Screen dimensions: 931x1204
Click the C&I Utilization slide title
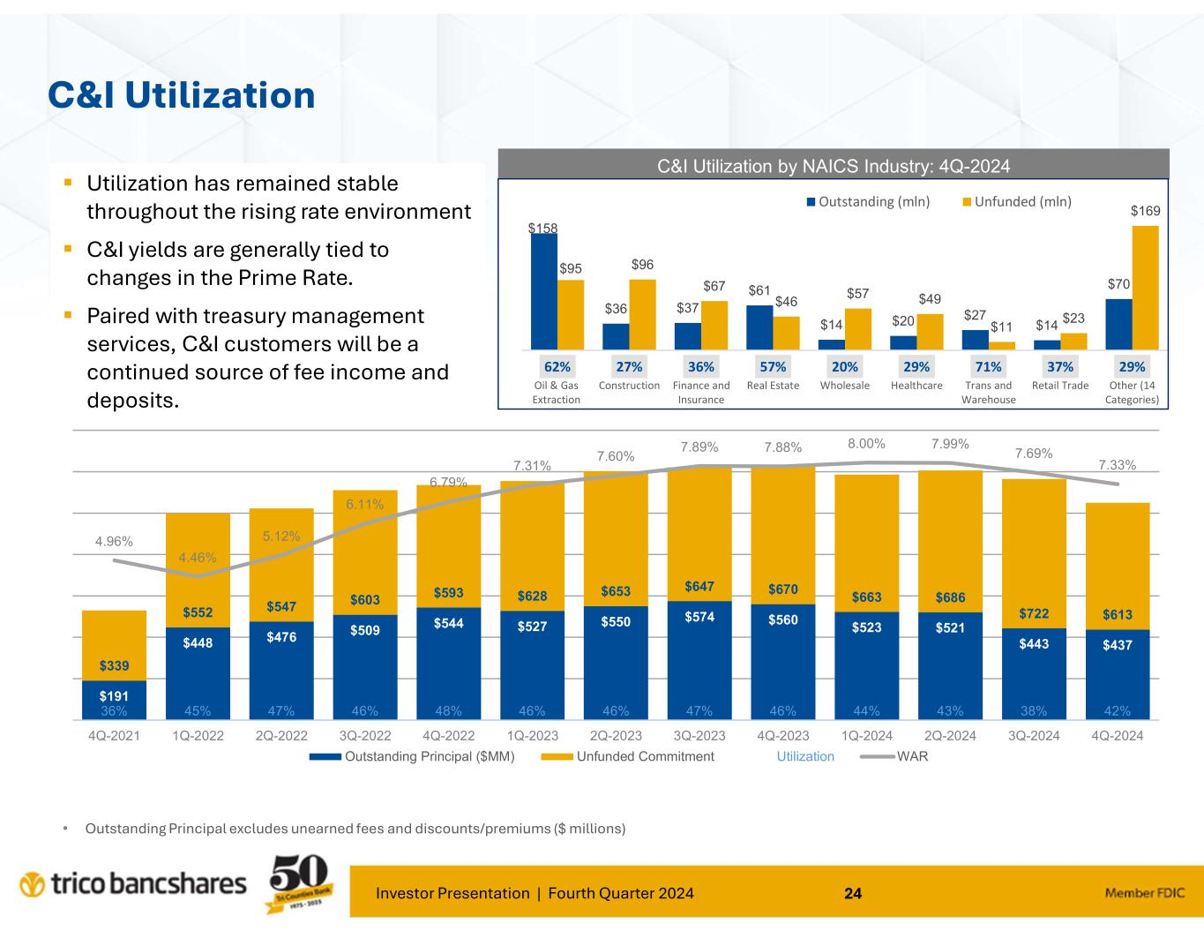[182, 95]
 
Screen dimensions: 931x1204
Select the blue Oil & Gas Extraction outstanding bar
[543, 291]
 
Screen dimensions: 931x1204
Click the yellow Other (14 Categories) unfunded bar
[1145, 288]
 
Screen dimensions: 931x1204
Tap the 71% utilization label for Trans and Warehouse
[988, 366]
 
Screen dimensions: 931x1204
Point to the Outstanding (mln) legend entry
[869, 201]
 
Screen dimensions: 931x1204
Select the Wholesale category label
[844, 386]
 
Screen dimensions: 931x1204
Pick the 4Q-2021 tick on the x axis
[114, 736]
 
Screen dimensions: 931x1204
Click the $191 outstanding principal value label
[114, 697]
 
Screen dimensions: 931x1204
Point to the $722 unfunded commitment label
[1034, 613]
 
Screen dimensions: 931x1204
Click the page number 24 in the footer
[853, 893]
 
